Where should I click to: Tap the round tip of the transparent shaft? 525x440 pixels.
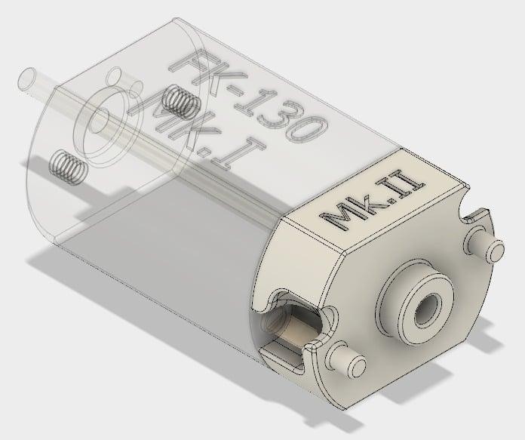(27, 77)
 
